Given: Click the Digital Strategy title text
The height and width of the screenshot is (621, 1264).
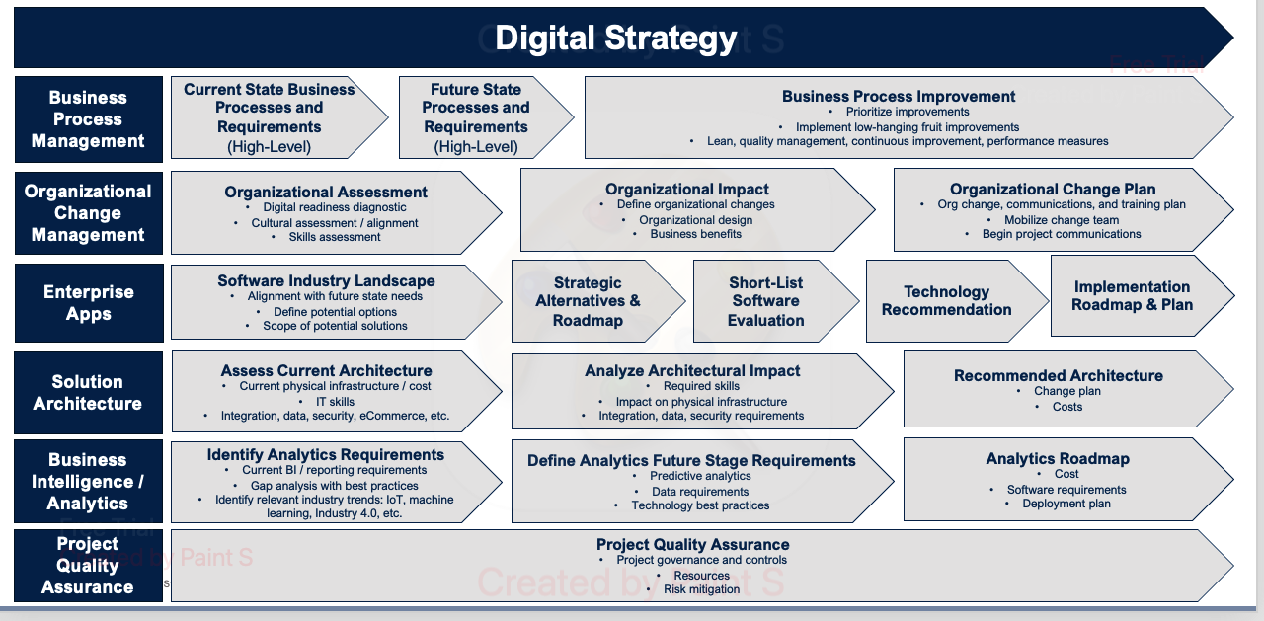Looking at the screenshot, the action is tap(615, 38).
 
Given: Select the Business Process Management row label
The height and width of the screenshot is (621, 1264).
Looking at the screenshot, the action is tap(88, 119).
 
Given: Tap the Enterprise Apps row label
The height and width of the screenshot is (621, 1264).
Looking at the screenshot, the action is tap(89, 303).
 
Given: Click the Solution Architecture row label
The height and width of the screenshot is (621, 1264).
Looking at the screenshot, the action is tap(88, 393).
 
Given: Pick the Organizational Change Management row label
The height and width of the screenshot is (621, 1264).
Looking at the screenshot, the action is tap(88, 213).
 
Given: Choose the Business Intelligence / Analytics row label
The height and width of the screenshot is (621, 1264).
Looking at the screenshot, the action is tap(88, 481).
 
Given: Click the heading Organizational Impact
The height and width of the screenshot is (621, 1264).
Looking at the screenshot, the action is tap(686, 189).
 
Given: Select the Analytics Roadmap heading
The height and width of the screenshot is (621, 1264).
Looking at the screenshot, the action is tap(1058, 458).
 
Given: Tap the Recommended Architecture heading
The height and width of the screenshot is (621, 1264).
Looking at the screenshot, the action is tap(1058, 375).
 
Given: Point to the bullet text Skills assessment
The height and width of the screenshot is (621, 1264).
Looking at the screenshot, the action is tap(335, 237).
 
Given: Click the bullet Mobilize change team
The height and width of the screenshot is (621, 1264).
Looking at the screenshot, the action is tap(1061, 220).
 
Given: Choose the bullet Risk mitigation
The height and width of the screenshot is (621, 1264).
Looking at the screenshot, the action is tap(701, 588).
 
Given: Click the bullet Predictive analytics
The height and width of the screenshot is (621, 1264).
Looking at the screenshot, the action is tap(700, 476).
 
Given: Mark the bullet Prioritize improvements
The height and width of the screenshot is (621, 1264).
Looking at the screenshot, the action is tap(908, 112).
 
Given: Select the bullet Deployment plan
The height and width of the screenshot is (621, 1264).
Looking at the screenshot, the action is tap(1066, 504).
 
